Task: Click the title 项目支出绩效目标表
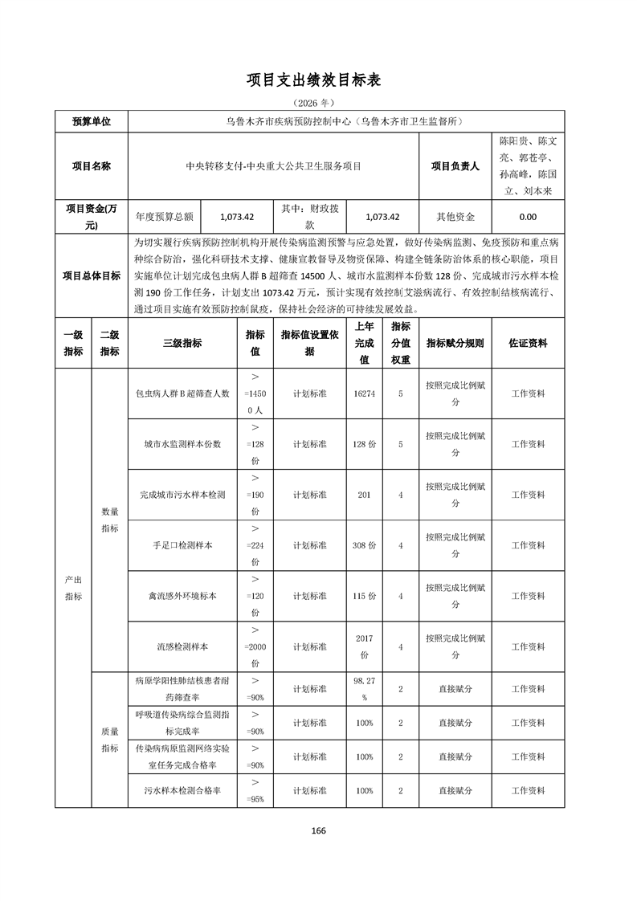(318, 80)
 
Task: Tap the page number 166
(318, 831)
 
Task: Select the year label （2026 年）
(318, 104)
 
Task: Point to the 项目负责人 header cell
(455, 166)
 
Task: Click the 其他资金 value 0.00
(528, 217)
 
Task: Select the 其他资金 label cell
(455, 217)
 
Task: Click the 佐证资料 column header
(528, 343)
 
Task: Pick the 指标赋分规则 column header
(455, 343)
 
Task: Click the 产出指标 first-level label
(73, 587)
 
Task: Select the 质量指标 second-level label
(110, 740)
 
